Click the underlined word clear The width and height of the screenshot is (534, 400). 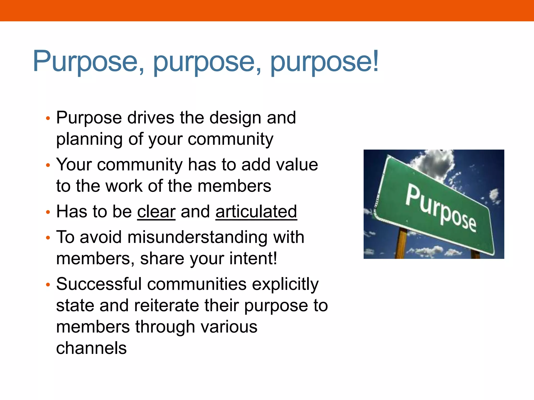pyautogui.click(x=156, y=211)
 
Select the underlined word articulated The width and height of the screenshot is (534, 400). pyautogui.click(x=256, y=211)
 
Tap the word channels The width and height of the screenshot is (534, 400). pyautogui.click(x=91, y=348)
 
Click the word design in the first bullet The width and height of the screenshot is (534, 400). pyautogui.click(x=235, y=118)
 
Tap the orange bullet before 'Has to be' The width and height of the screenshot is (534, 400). pyautogui.click(x=47, y=212)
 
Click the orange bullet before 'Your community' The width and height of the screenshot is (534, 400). pyautogui.click(x=47, y=165)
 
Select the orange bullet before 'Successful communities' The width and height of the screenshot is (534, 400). pyautogui.click(x=47, y=285)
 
